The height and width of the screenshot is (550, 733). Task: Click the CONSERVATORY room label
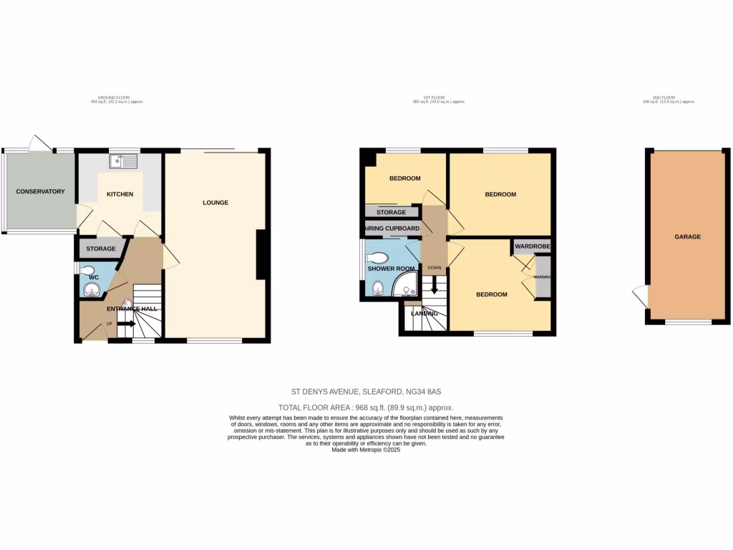tap(40, 191)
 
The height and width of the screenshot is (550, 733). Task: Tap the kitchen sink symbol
tap(125, 161)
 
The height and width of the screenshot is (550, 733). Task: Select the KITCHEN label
tap(120, 194)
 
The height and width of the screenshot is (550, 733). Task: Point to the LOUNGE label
tap(215, 203)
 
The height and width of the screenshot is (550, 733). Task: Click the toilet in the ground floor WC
tap(88, 271)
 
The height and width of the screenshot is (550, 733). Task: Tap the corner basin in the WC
tap(92, 289)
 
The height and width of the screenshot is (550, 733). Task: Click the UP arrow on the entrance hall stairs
tap(125, 324)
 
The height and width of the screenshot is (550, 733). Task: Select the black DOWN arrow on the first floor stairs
tap(434, 288)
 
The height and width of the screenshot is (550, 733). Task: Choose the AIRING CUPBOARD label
tap(392, 228)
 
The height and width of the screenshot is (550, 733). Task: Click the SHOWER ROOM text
tap(387, 269)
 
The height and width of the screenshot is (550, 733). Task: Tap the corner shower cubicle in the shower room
tap(404, 284)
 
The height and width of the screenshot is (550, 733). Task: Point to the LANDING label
tap(424, 312)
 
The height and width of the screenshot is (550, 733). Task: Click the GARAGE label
tap(687, 236)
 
